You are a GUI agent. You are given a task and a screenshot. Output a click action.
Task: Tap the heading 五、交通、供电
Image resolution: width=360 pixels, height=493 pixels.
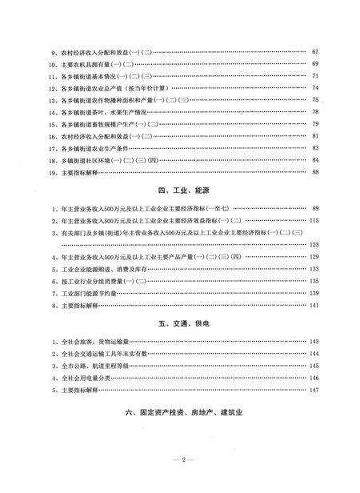tap(183, 322)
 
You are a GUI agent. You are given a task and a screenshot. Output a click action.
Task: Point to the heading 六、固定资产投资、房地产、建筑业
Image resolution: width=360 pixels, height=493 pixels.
tap(183, 415)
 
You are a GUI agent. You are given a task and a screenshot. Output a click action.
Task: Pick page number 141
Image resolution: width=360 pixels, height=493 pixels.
tap(314, 305)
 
